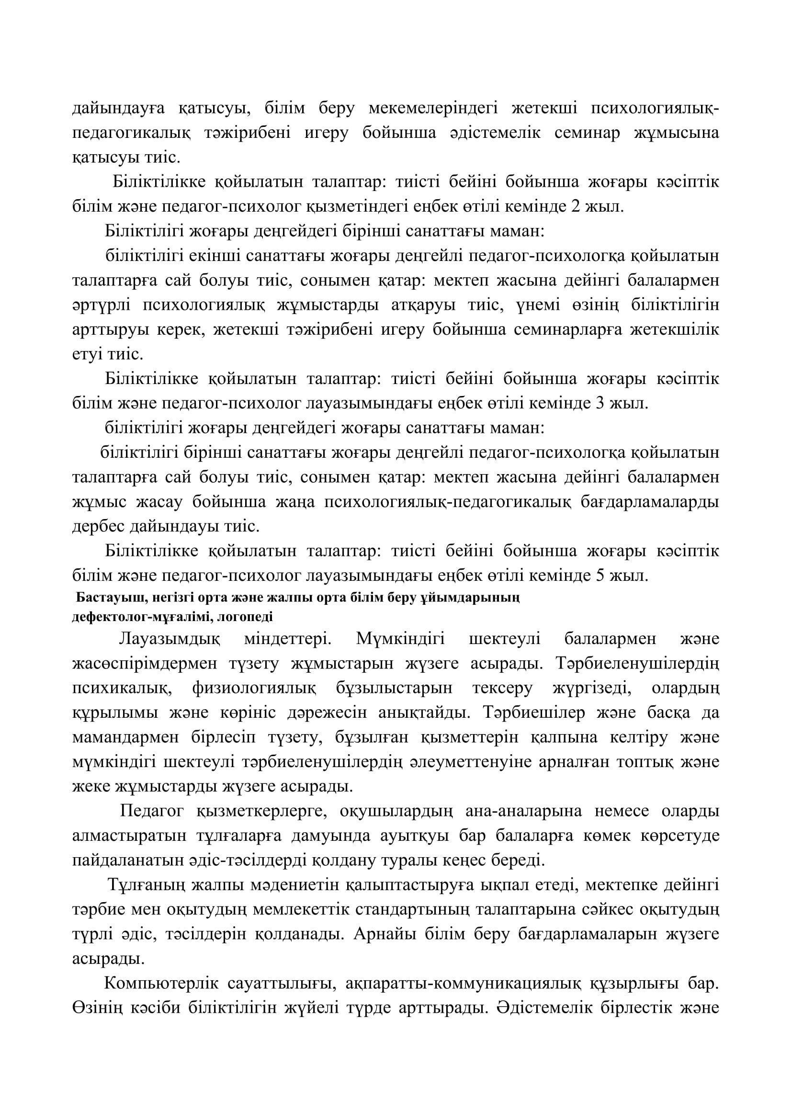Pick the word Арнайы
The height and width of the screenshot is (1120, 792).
[381, 935]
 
